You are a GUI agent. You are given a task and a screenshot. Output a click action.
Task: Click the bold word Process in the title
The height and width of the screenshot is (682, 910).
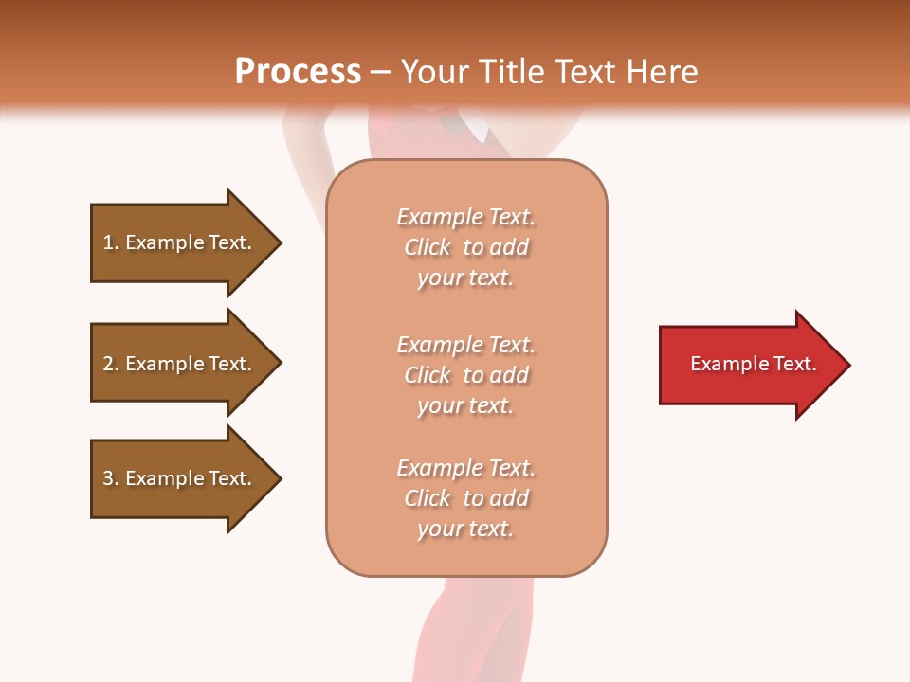click(298, 72)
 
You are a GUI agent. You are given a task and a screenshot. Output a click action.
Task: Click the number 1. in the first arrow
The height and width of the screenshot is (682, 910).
click(111, 242)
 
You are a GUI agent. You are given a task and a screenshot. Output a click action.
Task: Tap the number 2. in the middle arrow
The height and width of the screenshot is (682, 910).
click(111, 364)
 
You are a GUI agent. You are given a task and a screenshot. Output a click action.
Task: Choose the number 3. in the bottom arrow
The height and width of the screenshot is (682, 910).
click(111, 478)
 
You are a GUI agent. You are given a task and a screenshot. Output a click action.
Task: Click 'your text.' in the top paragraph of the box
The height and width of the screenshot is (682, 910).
click(465, 278)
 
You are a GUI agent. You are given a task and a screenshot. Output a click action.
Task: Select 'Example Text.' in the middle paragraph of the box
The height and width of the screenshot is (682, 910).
click(465, 345)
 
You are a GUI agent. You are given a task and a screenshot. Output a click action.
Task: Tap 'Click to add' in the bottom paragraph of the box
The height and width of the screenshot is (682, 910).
click(465, 498)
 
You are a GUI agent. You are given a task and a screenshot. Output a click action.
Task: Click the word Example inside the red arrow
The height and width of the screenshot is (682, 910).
click(719, 364)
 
